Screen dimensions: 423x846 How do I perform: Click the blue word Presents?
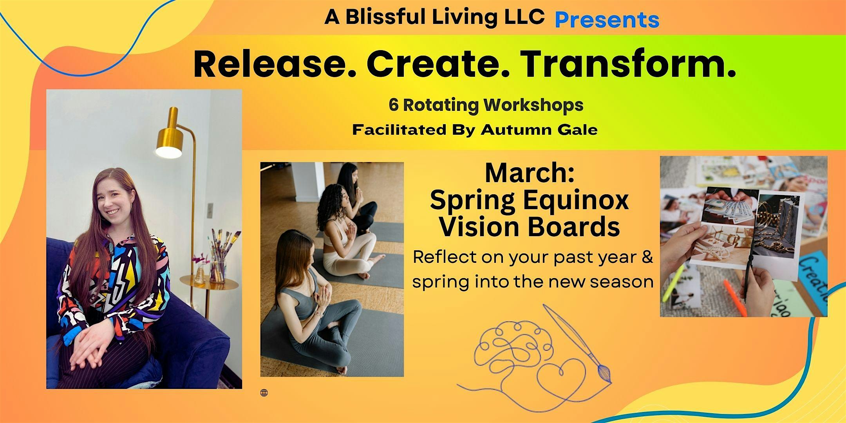click(x=607, y=20)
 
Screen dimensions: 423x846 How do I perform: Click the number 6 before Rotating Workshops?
click(x=393, y=105)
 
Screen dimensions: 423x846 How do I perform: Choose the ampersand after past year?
click(x=647, y=257)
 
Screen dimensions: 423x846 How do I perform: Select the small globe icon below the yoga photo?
click(x=264, y=393)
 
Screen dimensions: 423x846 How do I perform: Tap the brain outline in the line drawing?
click(x=509, y=345)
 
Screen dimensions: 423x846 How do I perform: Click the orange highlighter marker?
click(x=730, y=298)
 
